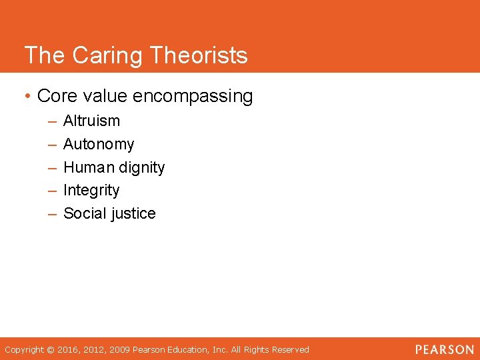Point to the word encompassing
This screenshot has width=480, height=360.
(x=193, y=97)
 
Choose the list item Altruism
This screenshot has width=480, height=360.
(x=91, y=121)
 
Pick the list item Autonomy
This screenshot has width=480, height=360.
(x=99, y=144)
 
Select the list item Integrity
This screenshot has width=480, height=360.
(x=91, y=191)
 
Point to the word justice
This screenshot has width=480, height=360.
(x=133, y=214)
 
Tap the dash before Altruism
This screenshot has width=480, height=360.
(x=52, y=121)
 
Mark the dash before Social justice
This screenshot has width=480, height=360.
(x=52, y=214)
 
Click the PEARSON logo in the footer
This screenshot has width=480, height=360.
(x=445, y=349)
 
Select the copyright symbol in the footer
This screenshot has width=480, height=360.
(x=51, y=350)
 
